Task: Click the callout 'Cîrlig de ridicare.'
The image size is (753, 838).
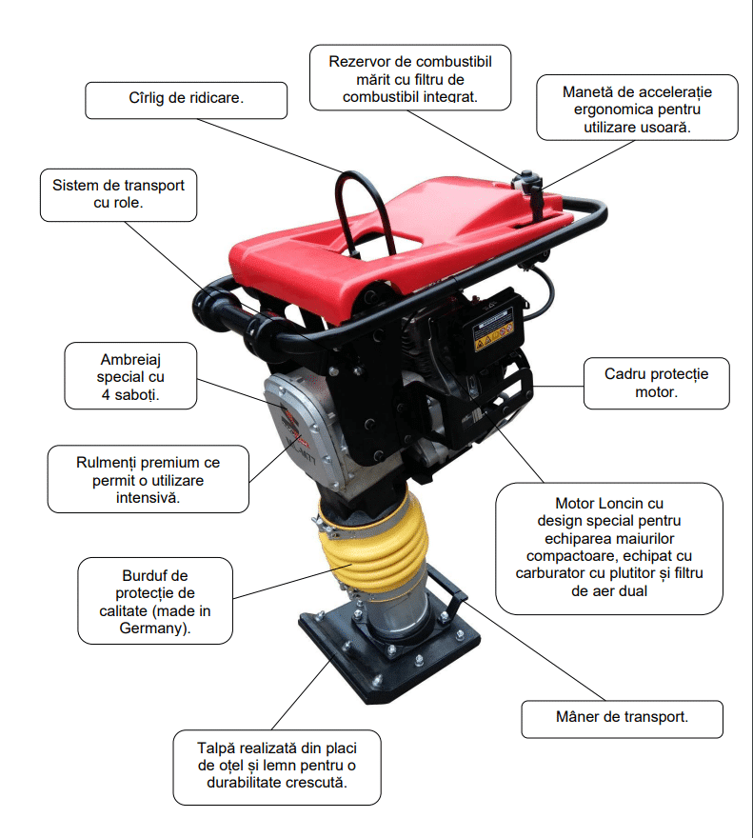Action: pos(186,100)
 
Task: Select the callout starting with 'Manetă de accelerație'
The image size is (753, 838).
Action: pos(637,108)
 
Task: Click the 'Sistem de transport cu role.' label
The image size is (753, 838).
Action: pos(118,195)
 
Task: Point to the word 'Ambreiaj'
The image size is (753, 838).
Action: pos(130,359)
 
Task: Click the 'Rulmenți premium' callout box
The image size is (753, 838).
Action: pos(149,479)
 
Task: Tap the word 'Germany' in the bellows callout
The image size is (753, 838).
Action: pos(153,628)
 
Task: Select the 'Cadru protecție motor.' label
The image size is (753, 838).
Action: pos(656,383)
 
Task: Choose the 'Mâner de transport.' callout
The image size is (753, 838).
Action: pos(622,719)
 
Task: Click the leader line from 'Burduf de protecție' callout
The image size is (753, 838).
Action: pos(293,581)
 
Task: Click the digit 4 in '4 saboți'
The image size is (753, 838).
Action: pos(106,395)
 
